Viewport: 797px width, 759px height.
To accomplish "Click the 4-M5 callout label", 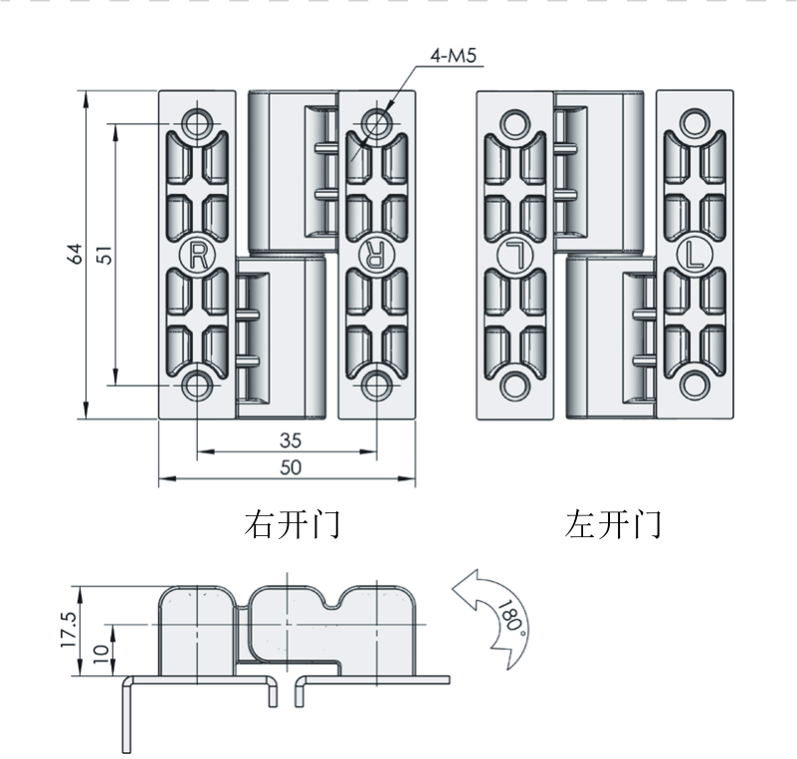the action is (x=454, y=55).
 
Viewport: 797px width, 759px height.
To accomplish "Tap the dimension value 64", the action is (x=75, y=254).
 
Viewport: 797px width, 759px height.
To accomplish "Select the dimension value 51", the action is (x=103, y=255).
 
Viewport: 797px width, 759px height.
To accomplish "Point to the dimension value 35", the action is (x=291, y=440).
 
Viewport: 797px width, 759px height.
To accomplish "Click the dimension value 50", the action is (x=291, y=468).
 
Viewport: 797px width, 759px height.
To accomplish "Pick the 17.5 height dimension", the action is (x=68, y=630).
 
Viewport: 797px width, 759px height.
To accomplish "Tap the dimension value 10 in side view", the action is (x=101, y=653).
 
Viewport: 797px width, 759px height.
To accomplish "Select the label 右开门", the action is (x=292, y=524).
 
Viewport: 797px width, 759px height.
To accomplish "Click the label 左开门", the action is (x=613, y=524).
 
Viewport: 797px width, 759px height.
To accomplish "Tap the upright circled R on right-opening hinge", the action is (x=198, y=256).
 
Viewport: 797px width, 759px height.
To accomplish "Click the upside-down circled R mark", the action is (x=376, y=254).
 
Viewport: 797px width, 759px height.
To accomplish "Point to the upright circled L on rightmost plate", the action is (x=695, y=254).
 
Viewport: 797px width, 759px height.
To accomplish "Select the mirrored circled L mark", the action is (x=514, y=255).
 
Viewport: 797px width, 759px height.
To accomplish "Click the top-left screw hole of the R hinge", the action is (x=198, y=123).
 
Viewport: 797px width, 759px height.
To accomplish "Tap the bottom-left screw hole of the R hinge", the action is (x=198, y=386).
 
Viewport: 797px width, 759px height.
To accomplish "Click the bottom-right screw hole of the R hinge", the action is (x=377, y=385).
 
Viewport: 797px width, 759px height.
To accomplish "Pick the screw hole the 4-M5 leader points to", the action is (x=377, y=122).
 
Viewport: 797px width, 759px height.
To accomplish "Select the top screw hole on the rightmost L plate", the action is (x=695, y=124).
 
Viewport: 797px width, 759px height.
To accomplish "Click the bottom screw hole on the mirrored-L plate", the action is (x=514, y=385).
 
